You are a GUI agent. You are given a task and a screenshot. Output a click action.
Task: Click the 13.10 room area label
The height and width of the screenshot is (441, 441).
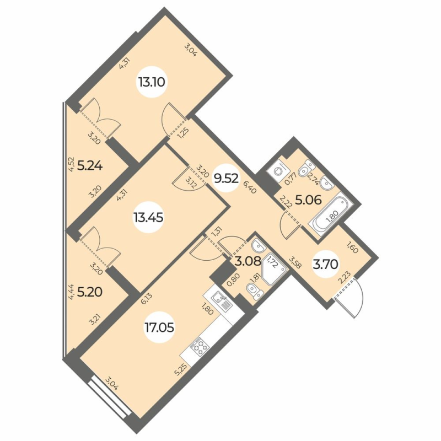(x=152, y=83)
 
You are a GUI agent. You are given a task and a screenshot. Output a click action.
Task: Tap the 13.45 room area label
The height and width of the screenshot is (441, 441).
(x=148, y=217)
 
